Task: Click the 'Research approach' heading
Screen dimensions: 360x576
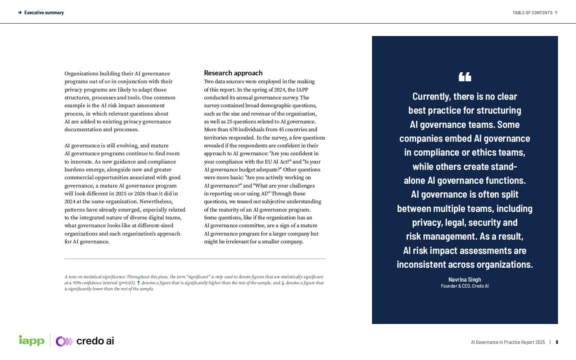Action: click(x=233, y=73)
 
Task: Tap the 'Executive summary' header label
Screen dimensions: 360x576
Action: click(x=44, y=13)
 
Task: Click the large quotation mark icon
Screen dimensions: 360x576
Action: click(x=465, y=77)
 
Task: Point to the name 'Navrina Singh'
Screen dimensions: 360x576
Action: click(x=465, y=279)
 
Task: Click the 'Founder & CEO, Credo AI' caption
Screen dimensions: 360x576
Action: click(x=465, y=286)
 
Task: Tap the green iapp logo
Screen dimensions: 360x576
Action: click(x=31, y=340)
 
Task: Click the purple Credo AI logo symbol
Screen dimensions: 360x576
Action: click(x=64, y=341)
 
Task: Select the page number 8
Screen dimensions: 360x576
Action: click(x=557, y=342)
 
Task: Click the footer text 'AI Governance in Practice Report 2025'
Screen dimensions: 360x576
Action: click(x=508, y=342)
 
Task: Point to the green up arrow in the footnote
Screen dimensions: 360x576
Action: click(x=138, y=283)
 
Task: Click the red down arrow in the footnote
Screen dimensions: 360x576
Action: click(x=283, y=283)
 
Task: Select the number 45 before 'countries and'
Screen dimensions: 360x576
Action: click(x=282, y=130)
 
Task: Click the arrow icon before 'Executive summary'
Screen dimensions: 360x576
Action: click(x=20, y=13)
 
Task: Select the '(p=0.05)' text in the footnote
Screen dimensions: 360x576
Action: click(x=127, y=283)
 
